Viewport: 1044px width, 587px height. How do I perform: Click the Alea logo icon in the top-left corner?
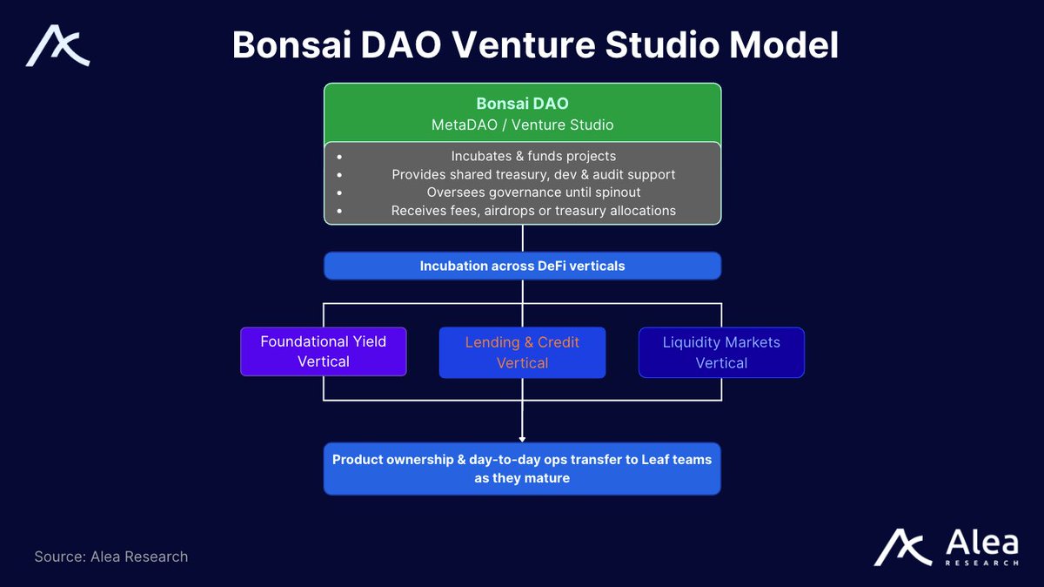pos(57,46)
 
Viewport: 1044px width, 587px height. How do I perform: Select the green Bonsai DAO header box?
pos(522,113)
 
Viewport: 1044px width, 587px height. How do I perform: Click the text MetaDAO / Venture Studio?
pos(522,125)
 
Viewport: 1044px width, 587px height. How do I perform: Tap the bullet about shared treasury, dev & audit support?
pos(533,174)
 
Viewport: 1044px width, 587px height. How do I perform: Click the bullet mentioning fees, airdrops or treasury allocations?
pos(533,211)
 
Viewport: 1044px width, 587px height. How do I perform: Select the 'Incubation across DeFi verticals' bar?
pos(522,266)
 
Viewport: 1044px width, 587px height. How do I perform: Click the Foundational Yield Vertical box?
pos(324,351)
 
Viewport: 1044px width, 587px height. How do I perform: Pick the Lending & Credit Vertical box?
pos(522,353)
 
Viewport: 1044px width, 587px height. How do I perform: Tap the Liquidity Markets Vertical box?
pos(721,353)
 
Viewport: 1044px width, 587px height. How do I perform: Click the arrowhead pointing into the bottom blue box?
pos(522,438)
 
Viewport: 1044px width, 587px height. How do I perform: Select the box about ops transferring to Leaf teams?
pos(522,469)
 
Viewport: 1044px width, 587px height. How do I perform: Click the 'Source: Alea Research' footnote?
pos(111,557)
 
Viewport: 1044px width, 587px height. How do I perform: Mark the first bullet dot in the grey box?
pos(336,156)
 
